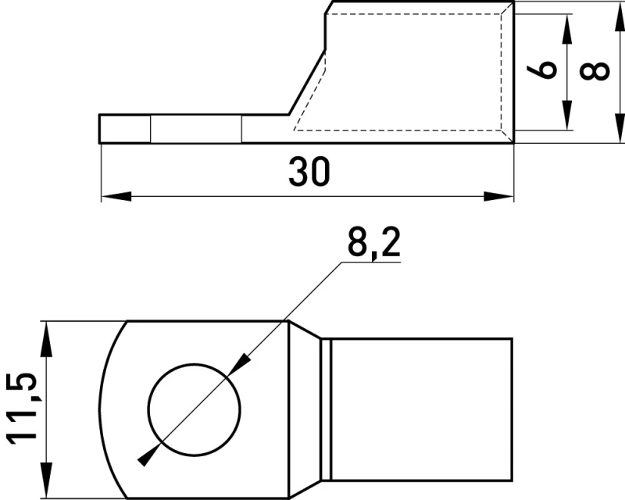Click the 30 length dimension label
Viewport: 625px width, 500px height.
pos(309,171)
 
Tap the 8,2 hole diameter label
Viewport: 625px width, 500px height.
pos(374,243)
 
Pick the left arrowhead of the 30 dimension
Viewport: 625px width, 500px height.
pos(116,196)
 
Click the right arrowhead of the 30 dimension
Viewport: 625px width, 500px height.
pos(498,196)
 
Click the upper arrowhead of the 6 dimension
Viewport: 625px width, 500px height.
pos(566,29)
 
